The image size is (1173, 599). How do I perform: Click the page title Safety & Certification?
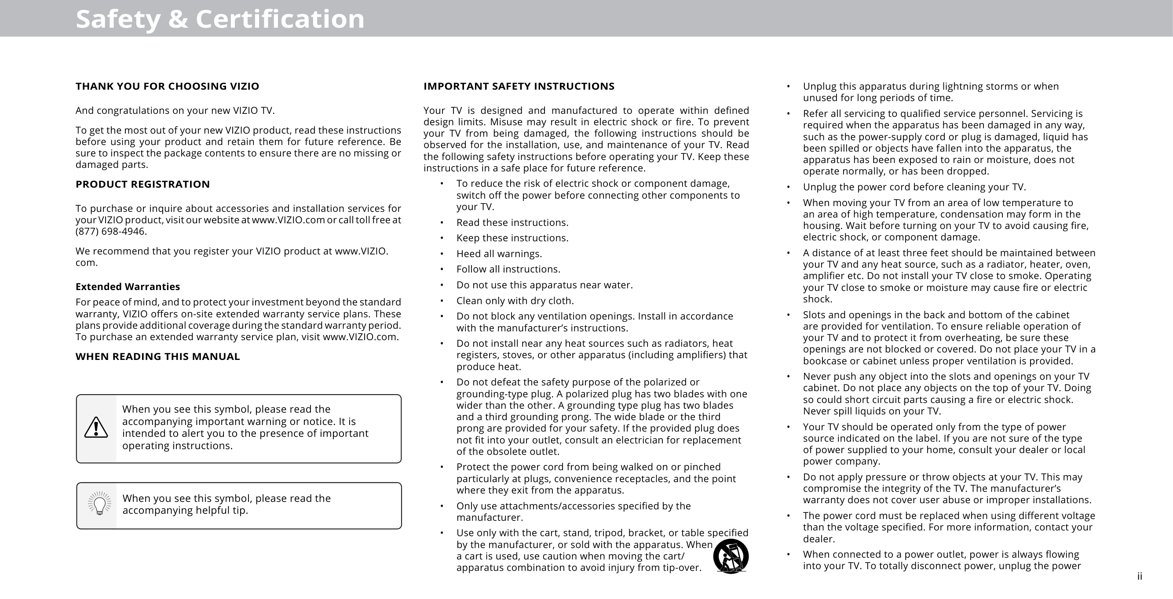click(220, 19)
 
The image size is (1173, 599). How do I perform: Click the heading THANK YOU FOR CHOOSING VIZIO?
click(167, 87)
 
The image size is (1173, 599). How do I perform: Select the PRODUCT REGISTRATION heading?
click(143, 184)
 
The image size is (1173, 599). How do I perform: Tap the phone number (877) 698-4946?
click(111, 232)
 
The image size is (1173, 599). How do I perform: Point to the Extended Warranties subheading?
click(128, 287)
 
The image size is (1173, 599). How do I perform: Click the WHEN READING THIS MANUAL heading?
click(157, 356)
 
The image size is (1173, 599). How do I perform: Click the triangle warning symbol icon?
click(96, 428)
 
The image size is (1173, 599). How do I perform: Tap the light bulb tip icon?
click(99, 504)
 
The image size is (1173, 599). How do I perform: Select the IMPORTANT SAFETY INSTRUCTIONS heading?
click(519, 87)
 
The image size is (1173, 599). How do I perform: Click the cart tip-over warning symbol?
click(731, 556)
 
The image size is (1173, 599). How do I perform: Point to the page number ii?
click(1139, 577)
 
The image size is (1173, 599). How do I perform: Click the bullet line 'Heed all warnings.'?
click(499, 254)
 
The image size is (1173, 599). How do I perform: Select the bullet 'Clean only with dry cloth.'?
click(515, 301)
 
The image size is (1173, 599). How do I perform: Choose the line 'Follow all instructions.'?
click(508, 269)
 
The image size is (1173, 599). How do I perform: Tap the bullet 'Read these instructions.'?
click(512, 222)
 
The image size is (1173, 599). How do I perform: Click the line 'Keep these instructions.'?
click(512, 238)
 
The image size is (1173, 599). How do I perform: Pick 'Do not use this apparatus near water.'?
click(544, 285)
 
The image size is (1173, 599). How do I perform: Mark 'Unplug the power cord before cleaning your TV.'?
click(914, 187)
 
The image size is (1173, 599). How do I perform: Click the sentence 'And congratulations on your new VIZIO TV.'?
click(175, 111)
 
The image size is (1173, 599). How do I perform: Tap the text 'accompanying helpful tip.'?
click(185, 511)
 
